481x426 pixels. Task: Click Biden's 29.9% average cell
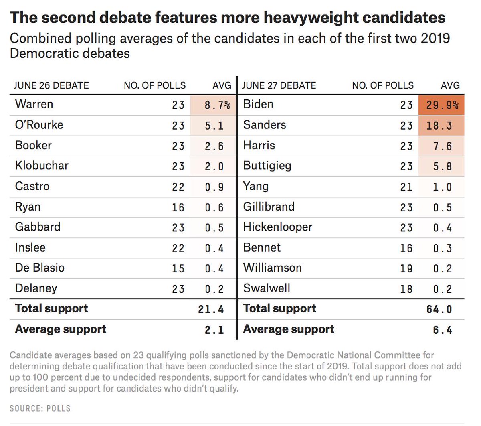click(442, 105)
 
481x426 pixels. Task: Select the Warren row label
click(34, 104)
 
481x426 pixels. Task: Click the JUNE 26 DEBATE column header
click(51, 85)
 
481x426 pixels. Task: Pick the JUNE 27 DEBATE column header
click(279, 85)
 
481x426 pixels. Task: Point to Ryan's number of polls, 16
click(178, 207)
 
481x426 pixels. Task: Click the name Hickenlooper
click(277, 227)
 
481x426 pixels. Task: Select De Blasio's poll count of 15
click(178, 268)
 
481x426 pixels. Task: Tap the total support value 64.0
click(439, 309)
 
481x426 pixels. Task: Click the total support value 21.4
click(211, 309)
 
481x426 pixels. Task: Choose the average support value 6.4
click(443, 330)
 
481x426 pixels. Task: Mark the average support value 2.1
click(214, 330)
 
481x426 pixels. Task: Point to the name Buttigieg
click(267, 166)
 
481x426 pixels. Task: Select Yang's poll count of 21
click(406, 187)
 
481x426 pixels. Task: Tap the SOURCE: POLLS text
click(40, 408)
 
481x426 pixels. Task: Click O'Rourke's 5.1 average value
click(214, 126)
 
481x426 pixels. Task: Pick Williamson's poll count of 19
click(406, 268)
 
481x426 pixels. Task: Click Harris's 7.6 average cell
click(442, 146)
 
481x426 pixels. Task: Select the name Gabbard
click(38, 227)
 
